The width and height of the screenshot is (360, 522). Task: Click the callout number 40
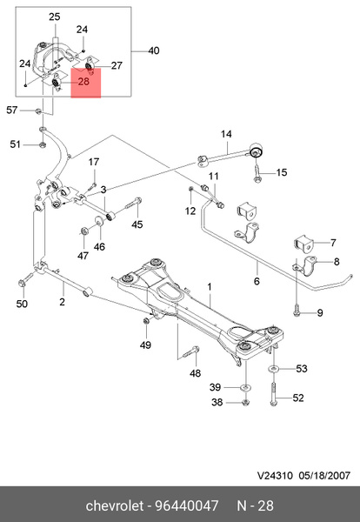point(153,51)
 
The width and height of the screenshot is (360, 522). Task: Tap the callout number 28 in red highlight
point(83,81)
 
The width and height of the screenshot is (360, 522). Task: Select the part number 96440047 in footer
point(187,505)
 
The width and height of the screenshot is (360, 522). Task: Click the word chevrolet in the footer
point(114,505)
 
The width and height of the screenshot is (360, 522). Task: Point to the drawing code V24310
point(275,475)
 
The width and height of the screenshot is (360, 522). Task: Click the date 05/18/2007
point(324,475)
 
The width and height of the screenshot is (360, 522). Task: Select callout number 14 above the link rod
point(226,134)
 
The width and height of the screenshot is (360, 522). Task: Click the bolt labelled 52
point(273,394)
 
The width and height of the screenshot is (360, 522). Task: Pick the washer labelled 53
point(273,369)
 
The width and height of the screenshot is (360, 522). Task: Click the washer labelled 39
point(245,387)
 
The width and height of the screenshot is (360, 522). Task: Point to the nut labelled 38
point(245,403)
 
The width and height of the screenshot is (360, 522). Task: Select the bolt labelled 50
point(25,279)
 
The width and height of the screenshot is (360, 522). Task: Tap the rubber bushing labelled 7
point(303,243)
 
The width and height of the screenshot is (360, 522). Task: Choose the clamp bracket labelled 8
point(306,265)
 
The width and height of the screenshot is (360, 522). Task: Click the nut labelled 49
point(146,320)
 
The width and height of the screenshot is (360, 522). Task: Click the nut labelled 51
point(43,144)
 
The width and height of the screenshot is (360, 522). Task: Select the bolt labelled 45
point(134,204)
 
